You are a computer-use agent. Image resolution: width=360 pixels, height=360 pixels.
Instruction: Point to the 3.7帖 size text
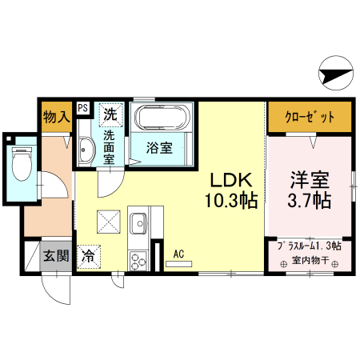click(309, 199)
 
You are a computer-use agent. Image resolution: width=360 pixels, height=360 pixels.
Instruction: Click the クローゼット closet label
click(309, 117)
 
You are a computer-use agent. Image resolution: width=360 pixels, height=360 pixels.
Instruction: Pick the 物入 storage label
click(56, 117)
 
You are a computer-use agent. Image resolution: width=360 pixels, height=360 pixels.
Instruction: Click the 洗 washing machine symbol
click(110, 114)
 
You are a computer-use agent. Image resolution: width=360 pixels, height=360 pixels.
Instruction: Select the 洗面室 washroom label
click(108, 147)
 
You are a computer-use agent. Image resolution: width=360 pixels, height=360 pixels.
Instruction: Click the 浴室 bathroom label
click(161, 147)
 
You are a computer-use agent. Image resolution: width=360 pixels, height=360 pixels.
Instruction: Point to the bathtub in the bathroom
click(162, 118)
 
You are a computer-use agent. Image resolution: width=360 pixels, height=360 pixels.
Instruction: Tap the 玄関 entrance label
click(56, 257)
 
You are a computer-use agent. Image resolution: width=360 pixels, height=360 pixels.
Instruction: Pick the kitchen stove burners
click(138, 258)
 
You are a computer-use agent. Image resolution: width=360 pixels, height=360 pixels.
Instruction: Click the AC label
click(179, 254)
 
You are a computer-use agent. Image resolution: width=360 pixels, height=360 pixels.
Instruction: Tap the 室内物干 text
click(308, 260)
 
